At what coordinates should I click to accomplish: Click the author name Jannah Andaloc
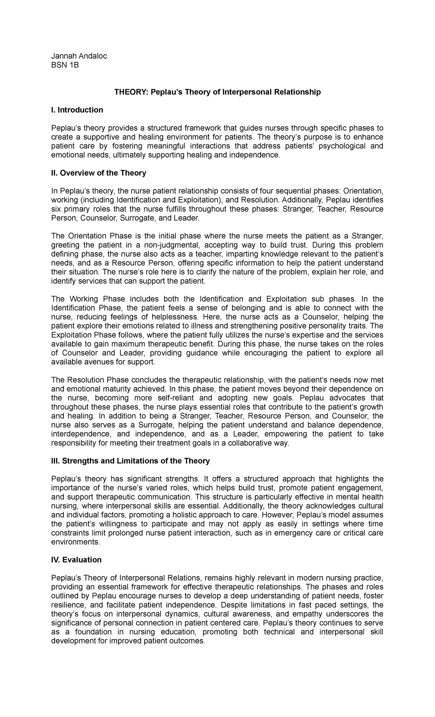pos(79,56)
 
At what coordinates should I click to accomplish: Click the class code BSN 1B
pos(65,65)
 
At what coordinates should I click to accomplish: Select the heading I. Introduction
pos(77,110)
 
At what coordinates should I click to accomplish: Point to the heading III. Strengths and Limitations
pos(130,461)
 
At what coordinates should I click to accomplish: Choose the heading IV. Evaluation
pos(76,560)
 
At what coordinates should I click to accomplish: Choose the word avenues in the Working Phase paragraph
pos(102,362)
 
